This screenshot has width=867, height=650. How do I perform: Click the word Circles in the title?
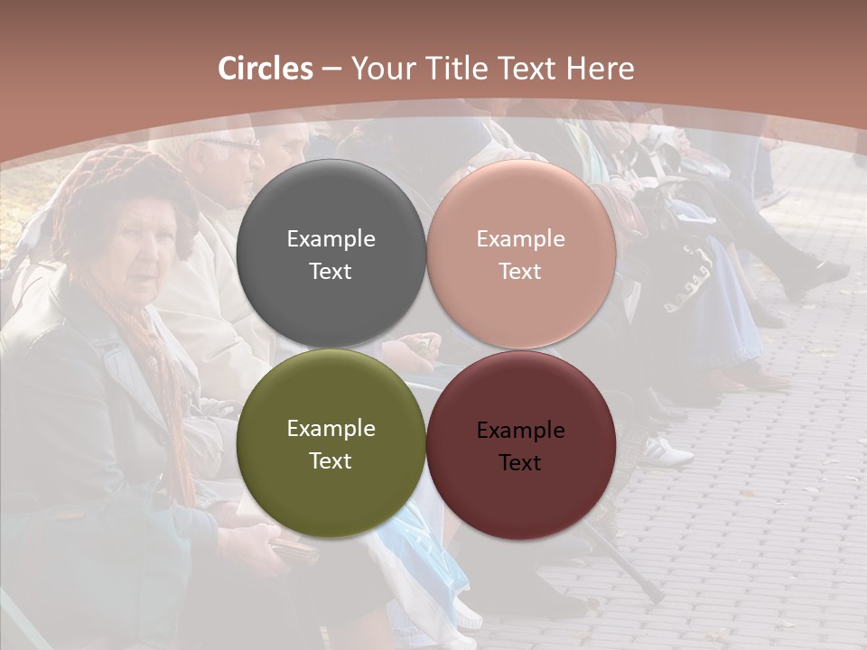[x=266, y=69]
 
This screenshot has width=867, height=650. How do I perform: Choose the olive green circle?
[x=331, y=487]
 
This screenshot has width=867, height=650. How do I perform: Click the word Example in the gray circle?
[x=331, y=239]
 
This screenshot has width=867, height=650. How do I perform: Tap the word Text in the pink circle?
[x=520, y=272]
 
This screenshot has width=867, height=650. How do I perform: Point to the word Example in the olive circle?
[x=331, y=429]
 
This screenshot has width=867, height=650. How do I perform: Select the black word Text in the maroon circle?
[x=520, y=463]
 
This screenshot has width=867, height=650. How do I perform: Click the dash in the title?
[x=331, y=69]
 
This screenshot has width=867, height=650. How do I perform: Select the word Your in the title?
[x=379, y=69]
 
